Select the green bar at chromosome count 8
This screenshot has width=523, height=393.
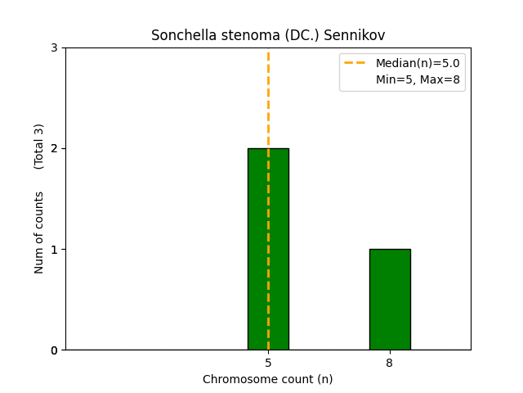pyautogui.click(x=390, y=300)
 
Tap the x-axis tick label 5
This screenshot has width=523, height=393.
pyautogui.click(x=268, y=363)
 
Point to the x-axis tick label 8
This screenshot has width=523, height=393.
pyautogui.click(x=390, y=363)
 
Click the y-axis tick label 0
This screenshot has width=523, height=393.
pyautogui.click(x=55, y=350)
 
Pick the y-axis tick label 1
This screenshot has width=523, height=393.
pyautogui.click(x=55, y=250)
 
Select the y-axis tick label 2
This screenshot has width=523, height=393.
pyautogui.click(x=55, y=149)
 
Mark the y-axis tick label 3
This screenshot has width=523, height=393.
pyautogui.click(x=55, y=48)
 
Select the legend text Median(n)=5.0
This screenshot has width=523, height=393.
pyautogui.click(x=418, y=63)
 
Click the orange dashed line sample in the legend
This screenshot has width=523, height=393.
pyautogui.click(x=356, y=63)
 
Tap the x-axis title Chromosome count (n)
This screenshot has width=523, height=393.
pyautogui.click(x=268, y=379)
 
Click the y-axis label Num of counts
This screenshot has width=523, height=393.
pyautogui.click(x=39, y=233)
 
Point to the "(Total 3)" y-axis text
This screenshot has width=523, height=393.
pyautogui.click(x=39, y=146)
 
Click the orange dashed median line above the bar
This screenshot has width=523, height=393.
pyautogui.click(x=268, y=98)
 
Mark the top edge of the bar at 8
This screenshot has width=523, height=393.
pyautogui.click(x=390, y=250)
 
